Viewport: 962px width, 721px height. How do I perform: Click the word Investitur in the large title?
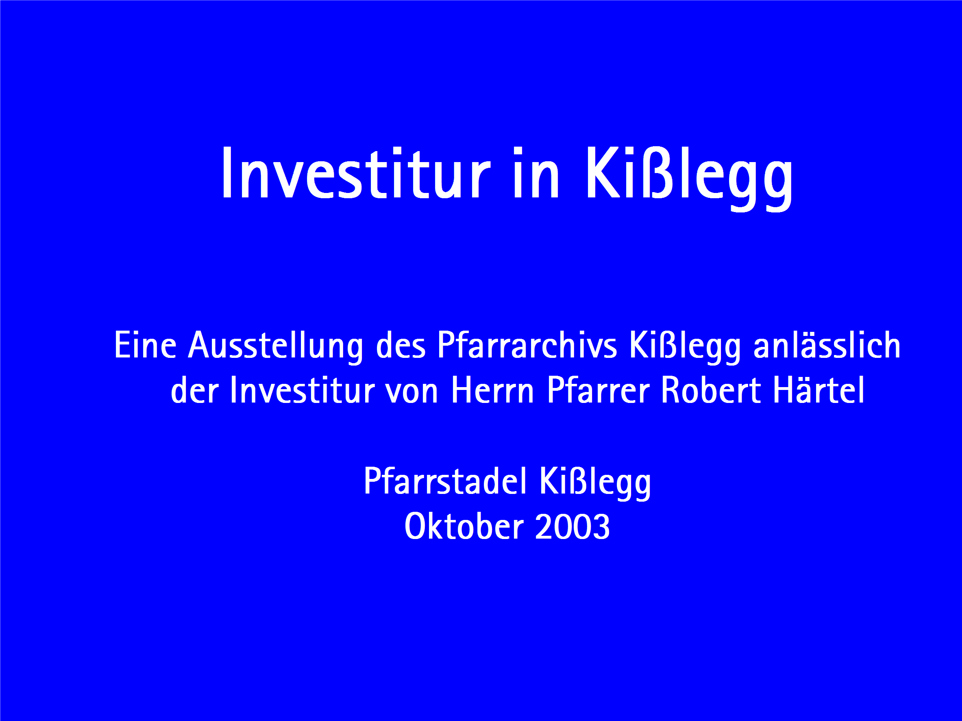356,173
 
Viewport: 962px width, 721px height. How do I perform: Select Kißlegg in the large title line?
689,178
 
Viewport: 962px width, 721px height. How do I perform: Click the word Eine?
145,345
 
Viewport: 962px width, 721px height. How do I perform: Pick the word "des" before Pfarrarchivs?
400,345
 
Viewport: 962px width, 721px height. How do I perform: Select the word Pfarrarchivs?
527,345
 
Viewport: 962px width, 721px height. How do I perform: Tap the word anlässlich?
827,345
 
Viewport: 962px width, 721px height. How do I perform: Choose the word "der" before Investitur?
194,390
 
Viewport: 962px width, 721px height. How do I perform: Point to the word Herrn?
492,390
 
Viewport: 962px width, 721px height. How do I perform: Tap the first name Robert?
711,390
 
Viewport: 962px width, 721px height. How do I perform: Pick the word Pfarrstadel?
445,481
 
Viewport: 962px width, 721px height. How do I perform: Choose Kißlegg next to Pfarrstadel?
595,483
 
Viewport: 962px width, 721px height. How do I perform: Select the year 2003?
572,526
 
